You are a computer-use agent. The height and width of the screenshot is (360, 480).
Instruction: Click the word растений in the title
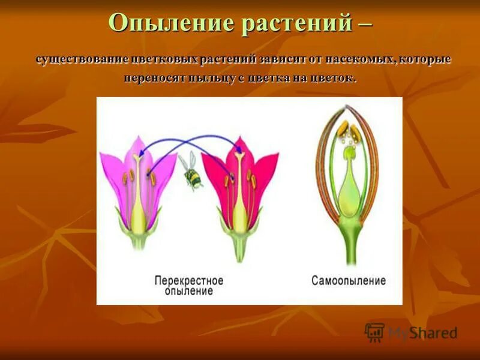point(295,23)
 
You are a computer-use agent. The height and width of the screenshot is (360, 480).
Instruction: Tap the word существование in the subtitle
point(78,60)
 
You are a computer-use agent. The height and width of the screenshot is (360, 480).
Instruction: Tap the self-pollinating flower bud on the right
point(348,174)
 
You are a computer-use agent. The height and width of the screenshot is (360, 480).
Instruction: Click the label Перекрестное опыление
point(189,286)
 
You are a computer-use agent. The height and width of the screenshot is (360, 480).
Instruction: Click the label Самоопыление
point(349,280)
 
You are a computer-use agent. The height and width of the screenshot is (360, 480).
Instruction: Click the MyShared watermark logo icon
point(374,332)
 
